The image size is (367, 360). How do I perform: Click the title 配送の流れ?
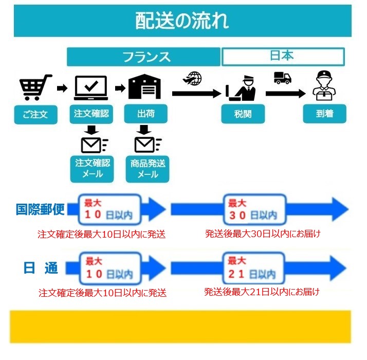tap(182, 21)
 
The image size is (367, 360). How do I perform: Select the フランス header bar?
tap(143, 57)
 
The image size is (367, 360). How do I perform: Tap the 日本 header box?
tap(283, 57)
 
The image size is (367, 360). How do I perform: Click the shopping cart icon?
tap(35, 87)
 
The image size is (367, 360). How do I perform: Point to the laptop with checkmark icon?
tap(91, 88)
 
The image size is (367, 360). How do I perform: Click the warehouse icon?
tap(145, 86)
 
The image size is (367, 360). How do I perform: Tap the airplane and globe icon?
tap(192, 79)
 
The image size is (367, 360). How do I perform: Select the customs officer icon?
tap(241, 88)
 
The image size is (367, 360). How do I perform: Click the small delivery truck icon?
tap(283, 78)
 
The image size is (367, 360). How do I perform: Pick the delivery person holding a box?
tap(324, 86)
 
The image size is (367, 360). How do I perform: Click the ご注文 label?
tap(36, 115)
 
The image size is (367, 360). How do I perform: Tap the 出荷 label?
tap(146, 114)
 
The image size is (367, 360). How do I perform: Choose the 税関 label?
tap(243, 114)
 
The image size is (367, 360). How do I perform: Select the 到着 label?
tap(325, 114)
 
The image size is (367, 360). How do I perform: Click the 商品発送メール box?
tap(148, 169)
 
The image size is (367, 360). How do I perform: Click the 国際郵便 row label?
tap(40, 209)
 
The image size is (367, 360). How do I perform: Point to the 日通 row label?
tap(41, 268)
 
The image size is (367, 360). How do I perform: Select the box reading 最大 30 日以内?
tap(254, 209)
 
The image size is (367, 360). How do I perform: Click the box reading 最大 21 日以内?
tap(254, 268)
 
